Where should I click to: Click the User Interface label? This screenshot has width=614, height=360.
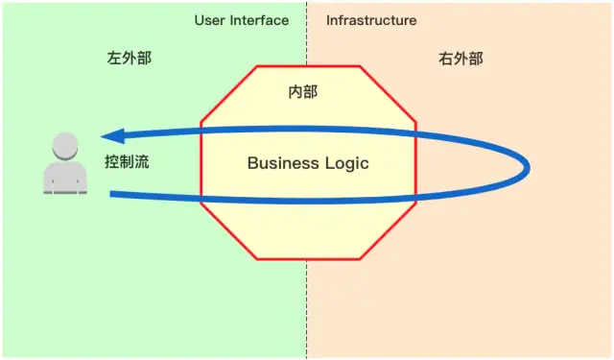(x=241, y=20)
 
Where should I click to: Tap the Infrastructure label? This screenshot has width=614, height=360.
(x=371, y=20)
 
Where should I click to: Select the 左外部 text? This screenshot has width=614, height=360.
(x=129, y=59)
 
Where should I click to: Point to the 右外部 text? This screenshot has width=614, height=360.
(x=460, y=59)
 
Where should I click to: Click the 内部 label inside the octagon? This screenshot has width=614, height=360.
(x=303, y=92)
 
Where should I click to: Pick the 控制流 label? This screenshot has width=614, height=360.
(x=127, y=162)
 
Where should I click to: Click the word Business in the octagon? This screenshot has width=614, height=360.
(x=280, y=163)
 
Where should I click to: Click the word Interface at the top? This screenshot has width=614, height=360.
(x=258, y=20)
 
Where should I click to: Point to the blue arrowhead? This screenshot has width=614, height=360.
(x=111, y=136)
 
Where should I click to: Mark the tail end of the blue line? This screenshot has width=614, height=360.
(x=113, y=195)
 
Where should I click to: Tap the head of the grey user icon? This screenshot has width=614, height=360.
(x=64, y=146)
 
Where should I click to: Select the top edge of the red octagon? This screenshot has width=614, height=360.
(x=307, y=66)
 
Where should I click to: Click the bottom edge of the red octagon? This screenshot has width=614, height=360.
(x=307, y=259)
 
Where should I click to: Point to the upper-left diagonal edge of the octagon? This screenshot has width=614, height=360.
(x=228, y=94)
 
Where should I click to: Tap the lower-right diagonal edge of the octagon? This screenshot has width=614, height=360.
(x=389, y=231)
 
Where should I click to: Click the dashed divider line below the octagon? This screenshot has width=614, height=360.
(x=307, y=307)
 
